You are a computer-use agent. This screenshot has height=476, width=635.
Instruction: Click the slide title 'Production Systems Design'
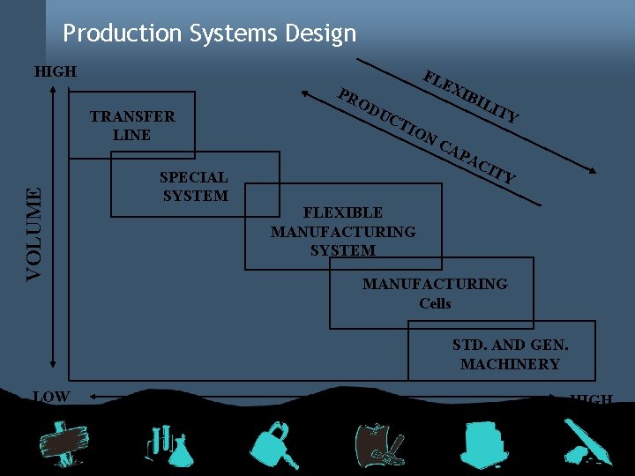210,33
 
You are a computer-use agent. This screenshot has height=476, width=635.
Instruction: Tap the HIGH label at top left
55,71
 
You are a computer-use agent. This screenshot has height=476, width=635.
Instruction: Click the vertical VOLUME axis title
33,234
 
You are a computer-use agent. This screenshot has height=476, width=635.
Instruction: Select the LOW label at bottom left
51,397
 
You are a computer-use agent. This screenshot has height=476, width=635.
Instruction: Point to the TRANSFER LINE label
132,125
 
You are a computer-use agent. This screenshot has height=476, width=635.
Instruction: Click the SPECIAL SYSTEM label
194,187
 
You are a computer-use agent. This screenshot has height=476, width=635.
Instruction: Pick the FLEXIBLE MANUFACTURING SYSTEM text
343,231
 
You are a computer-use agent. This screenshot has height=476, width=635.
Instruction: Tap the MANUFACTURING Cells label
435,294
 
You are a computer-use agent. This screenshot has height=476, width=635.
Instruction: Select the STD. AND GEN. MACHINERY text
510,354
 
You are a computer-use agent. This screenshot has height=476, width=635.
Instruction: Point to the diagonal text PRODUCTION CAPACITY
427,137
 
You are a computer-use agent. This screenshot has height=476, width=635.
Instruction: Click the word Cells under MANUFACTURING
435,303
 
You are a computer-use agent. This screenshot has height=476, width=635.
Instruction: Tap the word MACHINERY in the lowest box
510,364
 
